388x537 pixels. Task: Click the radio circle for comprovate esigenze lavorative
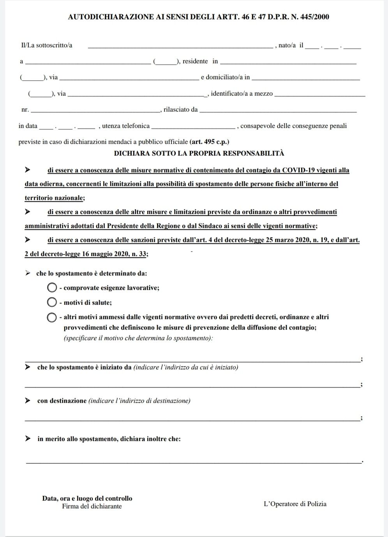coord(52,288)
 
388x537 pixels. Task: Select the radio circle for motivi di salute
coord(52,302)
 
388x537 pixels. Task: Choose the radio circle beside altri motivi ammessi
coord(52,317)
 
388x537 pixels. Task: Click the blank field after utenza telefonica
coord(193,126)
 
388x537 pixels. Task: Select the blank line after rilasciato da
coord(278,110)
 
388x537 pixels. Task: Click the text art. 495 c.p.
coord(209,142)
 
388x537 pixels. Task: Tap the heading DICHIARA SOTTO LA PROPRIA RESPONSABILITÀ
coord(199,153)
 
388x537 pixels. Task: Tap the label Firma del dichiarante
coord(92,506)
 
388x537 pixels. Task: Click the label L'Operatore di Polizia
coord(295,504)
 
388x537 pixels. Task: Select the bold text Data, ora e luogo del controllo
coord(87,498)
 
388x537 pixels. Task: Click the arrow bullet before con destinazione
coord(28,400)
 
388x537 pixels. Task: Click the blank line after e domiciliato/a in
coord(306,77)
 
